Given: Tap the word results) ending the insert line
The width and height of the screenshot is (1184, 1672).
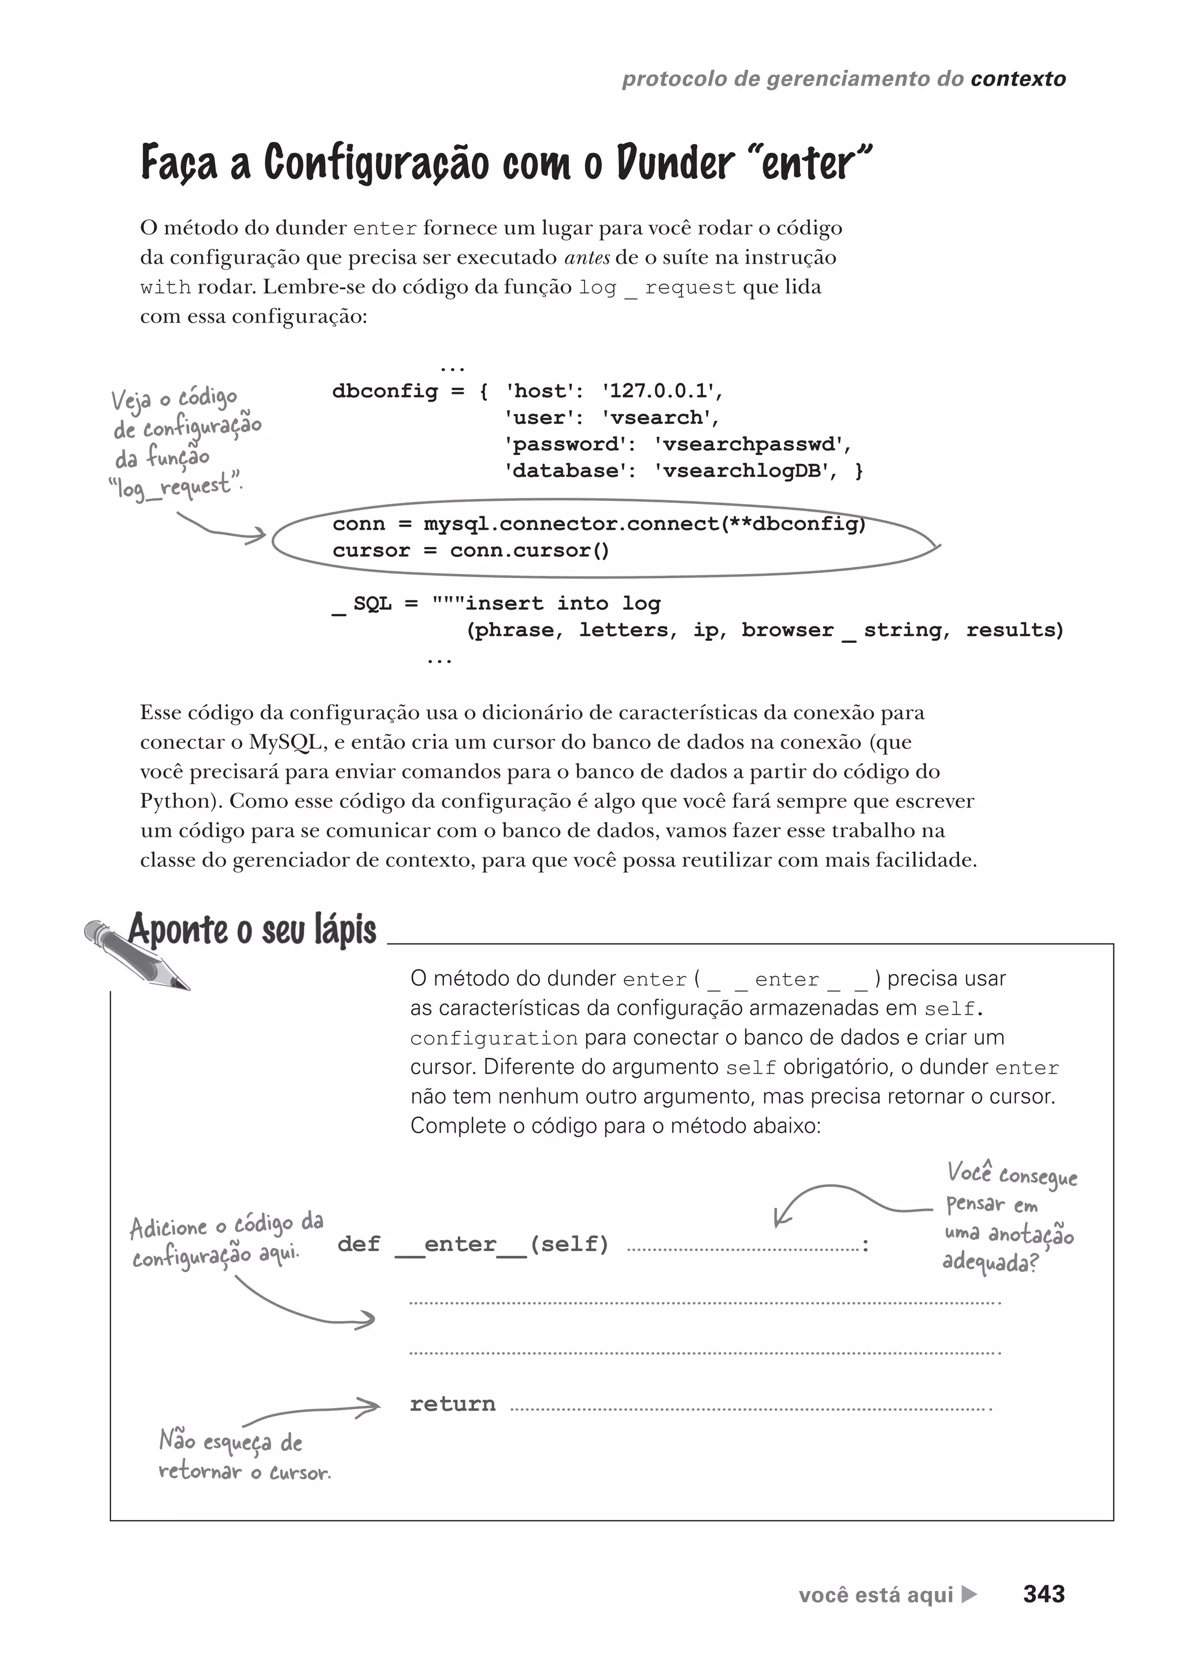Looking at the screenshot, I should coord(1015,631).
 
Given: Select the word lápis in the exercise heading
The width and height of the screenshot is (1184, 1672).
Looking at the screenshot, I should coord(346,930).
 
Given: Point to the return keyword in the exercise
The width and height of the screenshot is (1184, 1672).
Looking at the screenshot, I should coord(452,1404).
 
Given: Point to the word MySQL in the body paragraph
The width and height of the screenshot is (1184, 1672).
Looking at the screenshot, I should coord(286,742).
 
